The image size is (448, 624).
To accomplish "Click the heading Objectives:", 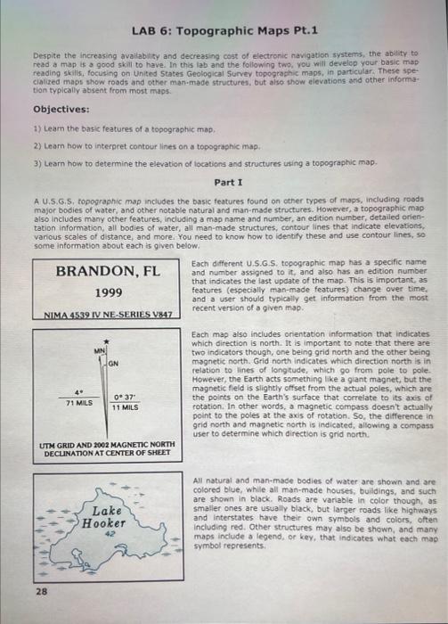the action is click(61, 109).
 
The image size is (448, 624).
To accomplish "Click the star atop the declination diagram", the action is click(107, 341).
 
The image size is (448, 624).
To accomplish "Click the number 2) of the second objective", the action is click(37, 146).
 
